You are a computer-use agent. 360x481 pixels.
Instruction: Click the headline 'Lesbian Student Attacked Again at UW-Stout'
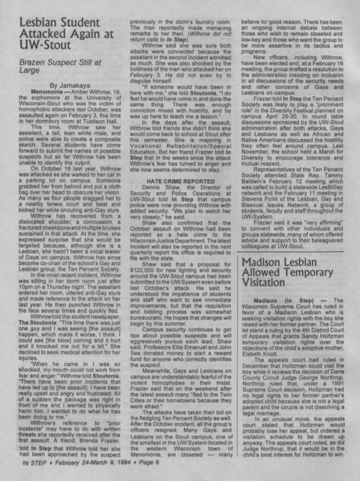(66, 34)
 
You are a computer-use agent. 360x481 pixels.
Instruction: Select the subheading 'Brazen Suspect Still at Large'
(60, 66)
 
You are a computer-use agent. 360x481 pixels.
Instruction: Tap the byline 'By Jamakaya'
(70, 85)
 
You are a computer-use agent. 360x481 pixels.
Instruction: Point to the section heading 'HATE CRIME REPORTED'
(180, 181)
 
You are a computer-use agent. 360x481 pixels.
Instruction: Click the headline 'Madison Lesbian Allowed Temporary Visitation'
(287, 272)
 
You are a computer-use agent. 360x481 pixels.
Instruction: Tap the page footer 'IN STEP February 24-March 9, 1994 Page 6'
(91, 462)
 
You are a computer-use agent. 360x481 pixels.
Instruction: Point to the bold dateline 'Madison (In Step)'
(284, 300)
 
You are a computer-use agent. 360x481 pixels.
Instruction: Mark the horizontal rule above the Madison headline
(290, 252)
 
